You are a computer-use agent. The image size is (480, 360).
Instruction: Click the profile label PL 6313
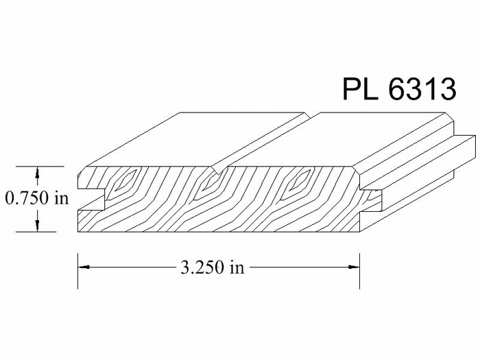(399, 88)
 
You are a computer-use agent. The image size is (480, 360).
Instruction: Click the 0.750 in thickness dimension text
(37, 197)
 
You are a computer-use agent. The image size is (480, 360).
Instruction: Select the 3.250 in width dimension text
(213, 267)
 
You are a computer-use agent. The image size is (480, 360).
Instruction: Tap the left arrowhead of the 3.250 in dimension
(84, 267)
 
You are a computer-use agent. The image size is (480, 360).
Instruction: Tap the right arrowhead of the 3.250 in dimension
(354, 267)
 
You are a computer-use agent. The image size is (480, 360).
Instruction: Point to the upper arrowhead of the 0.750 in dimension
(37, 172)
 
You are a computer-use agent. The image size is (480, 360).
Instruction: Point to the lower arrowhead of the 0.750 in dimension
(37, 226)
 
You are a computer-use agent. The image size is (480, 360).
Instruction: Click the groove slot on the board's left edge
(91, 200)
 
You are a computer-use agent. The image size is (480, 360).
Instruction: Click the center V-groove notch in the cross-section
(220, 169)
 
